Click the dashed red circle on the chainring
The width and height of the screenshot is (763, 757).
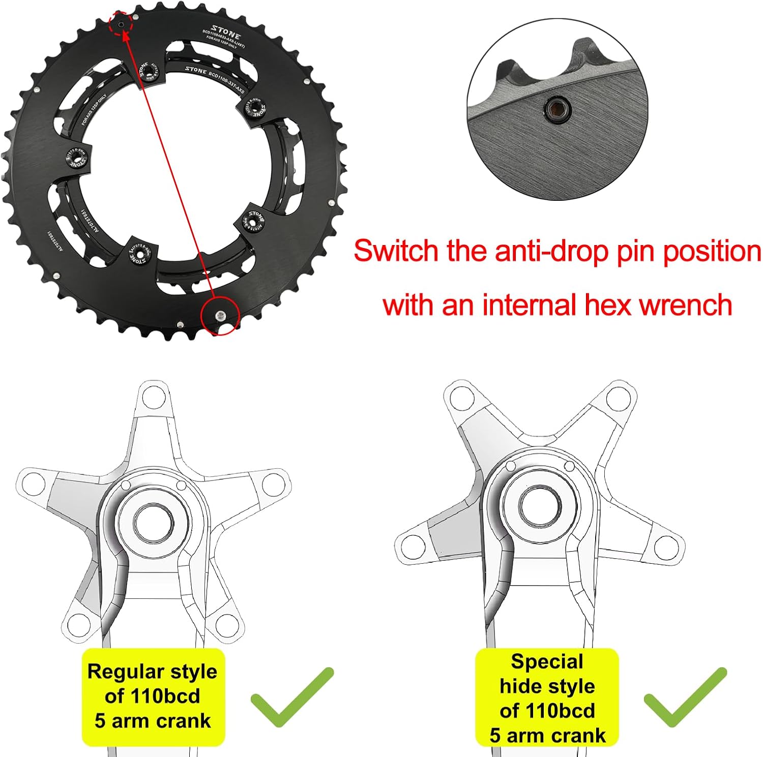click(x=122, y=23)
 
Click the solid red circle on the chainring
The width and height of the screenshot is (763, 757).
click(x=220, y=316)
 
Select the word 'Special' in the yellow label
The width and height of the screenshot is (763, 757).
click(x=547, y=662)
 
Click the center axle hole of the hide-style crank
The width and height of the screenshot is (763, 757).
click(x=540, y=506)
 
